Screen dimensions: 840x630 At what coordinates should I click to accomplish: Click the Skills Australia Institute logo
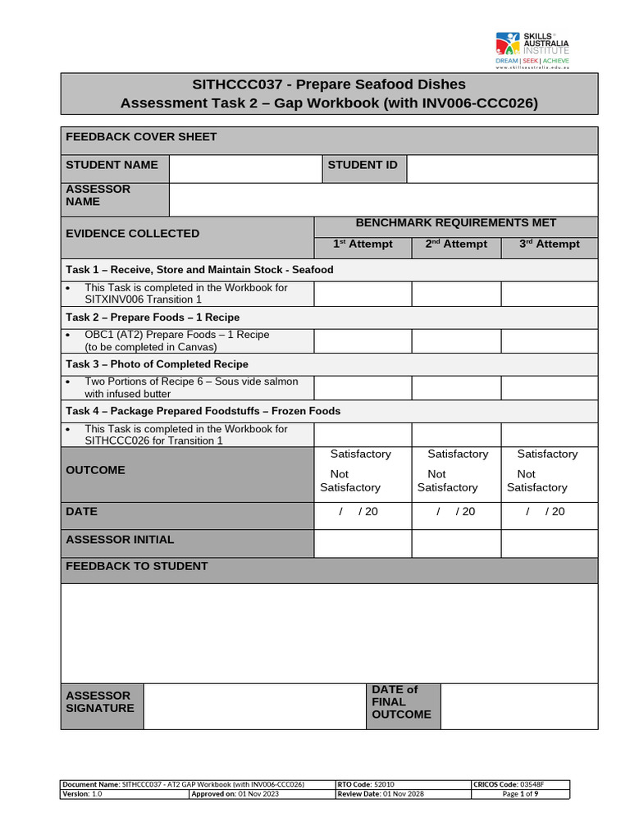point(532,50)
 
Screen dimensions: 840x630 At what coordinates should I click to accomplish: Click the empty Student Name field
point(244,168)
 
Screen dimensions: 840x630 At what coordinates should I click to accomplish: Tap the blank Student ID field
point(502,168)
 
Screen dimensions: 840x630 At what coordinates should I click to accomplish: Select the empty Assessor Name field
point(383,199)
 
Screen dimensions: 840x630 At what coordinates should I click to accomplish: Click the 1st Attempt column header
point(363,244)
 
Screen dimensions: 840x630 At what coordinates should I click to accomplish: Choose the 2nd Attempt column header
point(456,244)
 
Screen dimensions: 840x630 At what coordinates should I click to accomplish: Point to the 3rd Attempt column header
point(550,244)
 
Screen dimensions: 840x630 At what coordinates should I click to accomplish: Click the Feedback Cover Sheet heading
point(141,137)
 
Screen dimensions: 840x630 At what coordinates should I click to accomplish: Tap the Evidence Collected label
point(133,234)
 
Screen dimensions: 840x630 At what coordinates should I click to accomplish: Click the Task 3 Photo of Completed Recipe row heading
point(157,364)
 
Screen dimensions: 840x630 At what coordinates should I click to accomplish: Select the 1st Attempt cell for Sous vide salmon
point(363,387)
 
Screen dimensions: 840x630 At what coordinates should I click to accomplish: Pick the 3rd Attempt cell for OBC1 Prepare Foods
point(550,340)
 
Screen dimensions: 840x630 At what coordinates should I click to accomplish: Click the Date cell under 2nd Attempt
point(456,512)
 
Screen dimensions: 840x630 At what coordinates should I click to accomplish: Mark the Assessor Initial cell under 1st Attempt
point(363,543)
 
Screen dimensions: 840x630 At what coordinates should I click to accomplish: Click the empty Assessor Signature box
point(254,706)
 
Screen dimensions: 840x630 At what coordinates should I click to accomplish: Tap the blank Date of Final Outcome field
point(518,706)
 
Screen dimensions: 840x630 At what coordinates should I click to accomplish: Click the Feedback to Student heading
point(137,567)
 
